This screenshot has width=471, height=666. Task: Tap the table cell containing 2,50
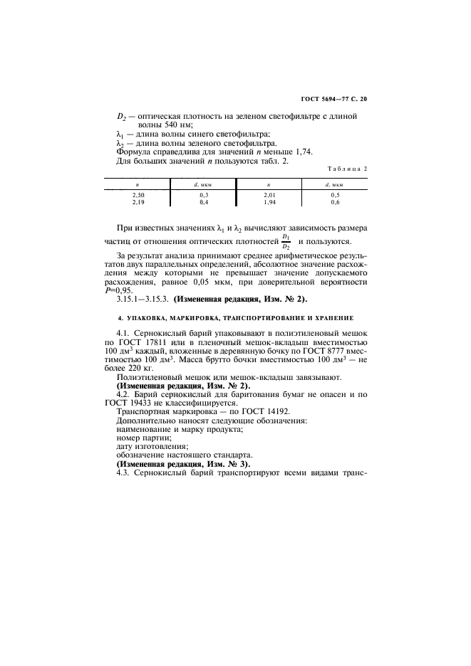[x=138, y=194]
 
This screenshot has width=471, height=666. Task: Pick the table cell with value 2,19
[x=138, y=202]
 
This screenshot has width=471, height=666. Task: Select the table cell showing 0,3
[x=204, y=194]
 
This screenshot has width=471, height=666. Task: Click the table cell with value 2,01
[x=269, y=194]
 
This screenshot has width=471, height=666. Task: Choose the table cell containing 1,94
[x=269, y=202]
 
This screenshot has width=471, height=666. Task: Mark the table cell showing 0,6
[x=336, y=202]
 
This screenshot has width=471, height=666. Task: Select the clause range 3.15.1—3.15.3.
[x=141, y=300]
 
